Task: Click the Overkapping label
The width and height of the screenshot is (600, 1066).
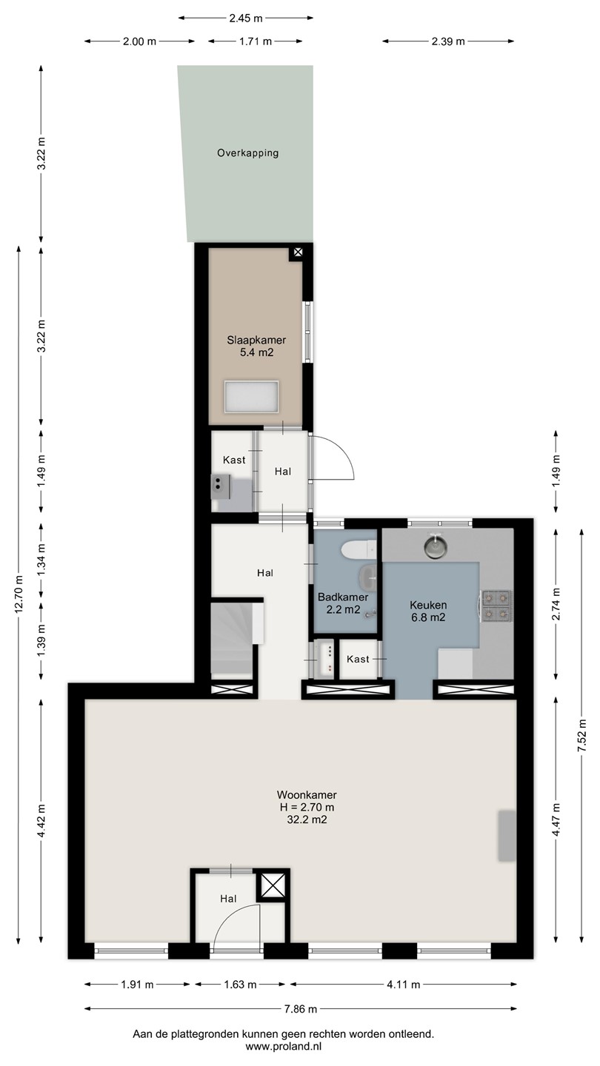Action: [x=247, y=153]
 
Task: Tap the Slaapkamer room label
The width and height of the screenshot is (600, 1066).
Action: [x=256, y=341]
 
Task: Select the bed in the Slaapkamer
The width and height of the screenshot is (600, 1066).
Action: [x=251, y=397]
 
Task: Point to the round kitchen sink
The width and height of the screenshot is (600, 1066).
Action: [x=436, y=546]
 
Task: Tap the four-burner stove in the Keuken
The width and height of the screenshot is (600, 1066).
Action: [x=497, y=606]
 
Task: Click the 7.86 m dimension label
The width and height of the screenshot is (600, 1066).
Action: [x=301, y=1008]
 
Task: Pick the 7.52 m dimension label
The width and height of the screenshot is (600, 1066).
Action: [x=581, y=735]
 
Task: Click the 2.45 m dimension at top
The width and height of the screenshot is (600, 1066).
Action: [x=246, y=18]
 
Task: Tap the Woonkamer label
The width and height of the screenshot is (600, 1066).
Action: [x=307, y=795]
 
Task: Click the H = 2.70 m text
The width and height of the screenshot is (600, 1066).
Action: [x=307, y=807]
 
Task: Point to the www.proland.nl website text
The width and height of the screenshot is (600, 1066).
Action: [x=283, y=1047]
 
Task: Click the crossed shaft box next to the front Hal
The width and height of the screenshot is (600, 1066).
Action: [x=273, y=887]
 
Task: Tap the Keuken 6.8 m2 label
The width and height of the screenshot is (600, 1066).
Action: [x=428, y=611]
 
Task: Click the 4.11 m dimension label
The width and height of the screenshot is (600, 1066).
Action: [x=403, y=985]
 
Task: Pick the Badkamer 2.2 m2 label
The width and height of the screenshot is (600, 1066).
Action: [x=343, y=603]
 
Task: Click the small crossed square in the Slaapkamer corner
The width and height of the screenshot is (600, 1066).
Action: [x=297, y=252]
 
